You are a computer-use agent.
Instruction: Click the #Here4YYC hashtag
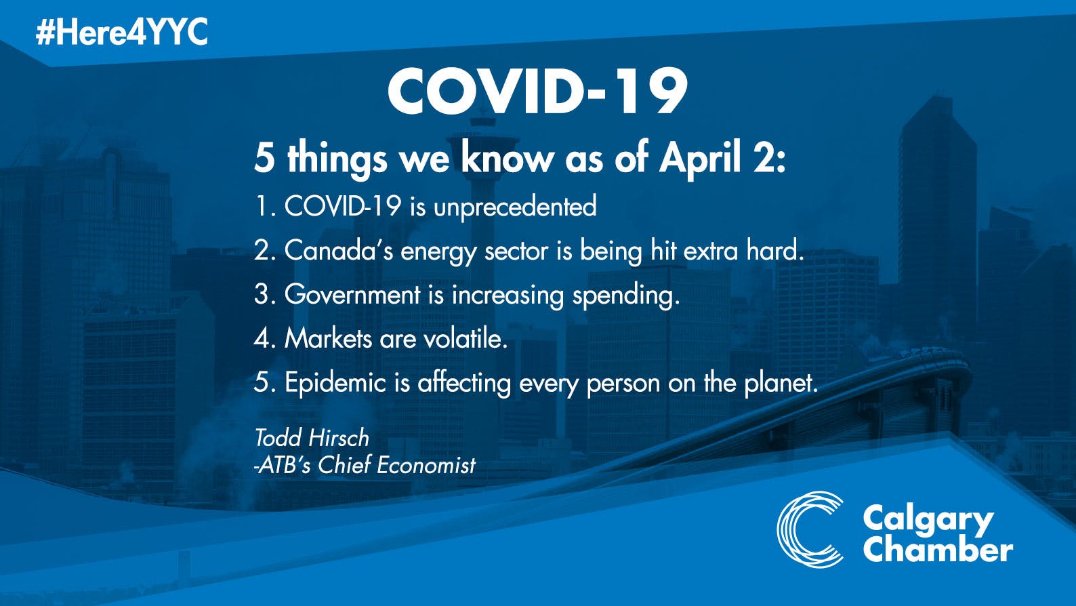121,33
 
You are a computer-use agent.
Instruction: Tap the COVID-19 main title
537,92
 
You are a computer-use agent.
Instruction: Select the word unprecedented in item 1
515,207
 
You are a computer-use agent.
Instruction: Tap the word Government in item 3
352,294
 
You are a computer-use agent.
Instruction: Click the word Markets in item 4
329,338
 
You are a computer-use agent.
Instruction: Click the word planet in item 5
781,384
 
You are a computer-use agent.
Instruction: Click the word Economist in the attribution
426,465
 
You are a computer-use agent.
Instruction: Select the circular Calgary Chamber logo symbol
810,529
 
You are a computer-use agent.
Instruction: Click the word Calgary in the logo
928,520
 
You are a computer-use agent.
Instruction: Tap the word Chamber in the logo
938,549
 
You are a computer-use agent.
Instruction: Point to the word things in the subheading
337,160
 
